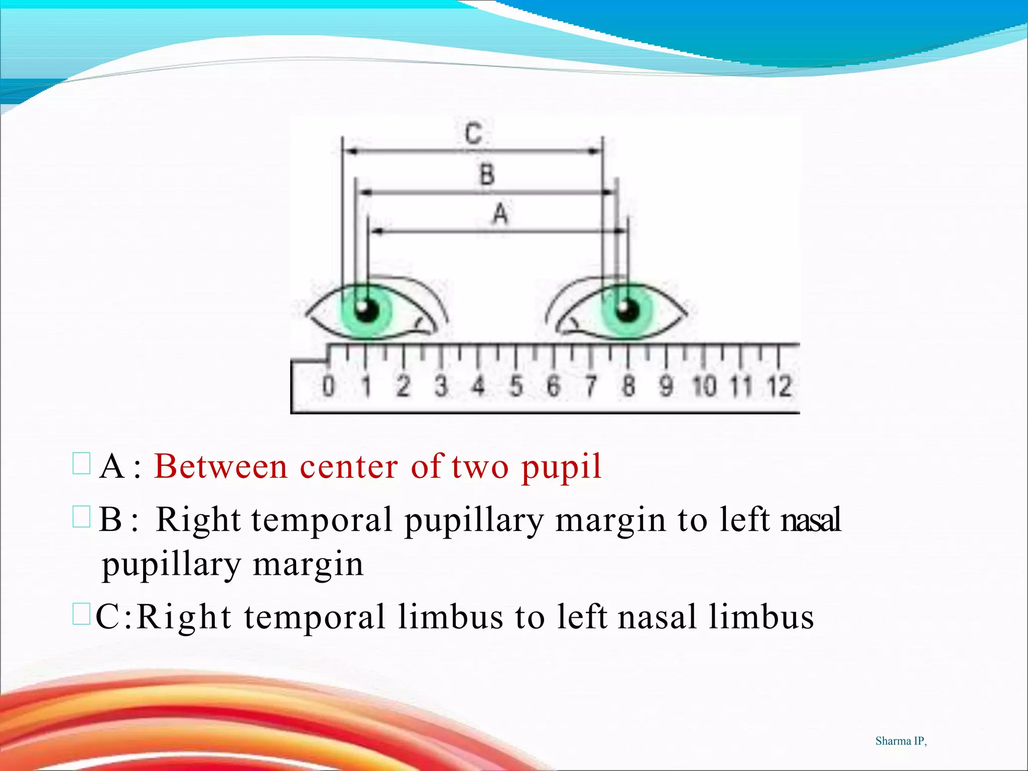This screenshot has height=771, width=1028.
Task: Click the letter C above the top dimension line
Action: [x=473, y=134]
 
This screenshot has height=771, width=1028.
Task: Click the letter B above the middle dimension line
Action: [x=487, y=175]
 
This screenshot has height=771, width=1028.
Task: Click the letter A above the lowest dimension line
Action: [x=500, y=214]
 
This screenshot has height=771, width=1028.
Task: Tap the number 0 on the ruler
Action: [x=328, y=387]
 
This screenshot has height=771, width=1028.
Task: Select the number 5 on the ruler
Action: [x=516, y=387]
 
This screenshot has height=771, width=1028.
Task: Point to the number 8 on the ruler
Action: [x=628, y=387]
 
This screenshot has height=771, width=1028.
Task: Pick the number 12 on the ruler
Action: [x=780, y=387]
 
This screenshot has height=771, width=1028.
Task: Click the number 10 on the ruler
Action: [x=704, y=387]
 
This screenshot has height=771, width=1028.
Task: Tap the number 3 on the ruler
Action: [x=441, y=387]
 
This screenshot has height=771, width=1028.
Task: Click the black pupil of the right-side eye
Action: [x=627, y=310]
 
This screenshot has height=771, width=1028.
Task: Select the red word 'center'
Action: [x=349, y=466]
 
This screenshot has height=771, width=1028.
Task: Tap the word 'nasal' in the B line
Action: [x=811, y=520]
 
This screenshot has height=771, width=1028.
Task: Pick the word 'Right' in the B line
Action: [x=198, y=521]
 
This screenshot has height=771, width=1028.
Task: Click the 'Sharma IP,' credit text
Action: [x=901, y=741]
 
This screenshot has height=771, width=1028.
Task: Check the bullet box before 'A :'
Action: [x=81, y=464]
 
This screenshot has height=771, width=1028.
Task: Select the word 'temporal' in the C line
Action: [x=315, y=617]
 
